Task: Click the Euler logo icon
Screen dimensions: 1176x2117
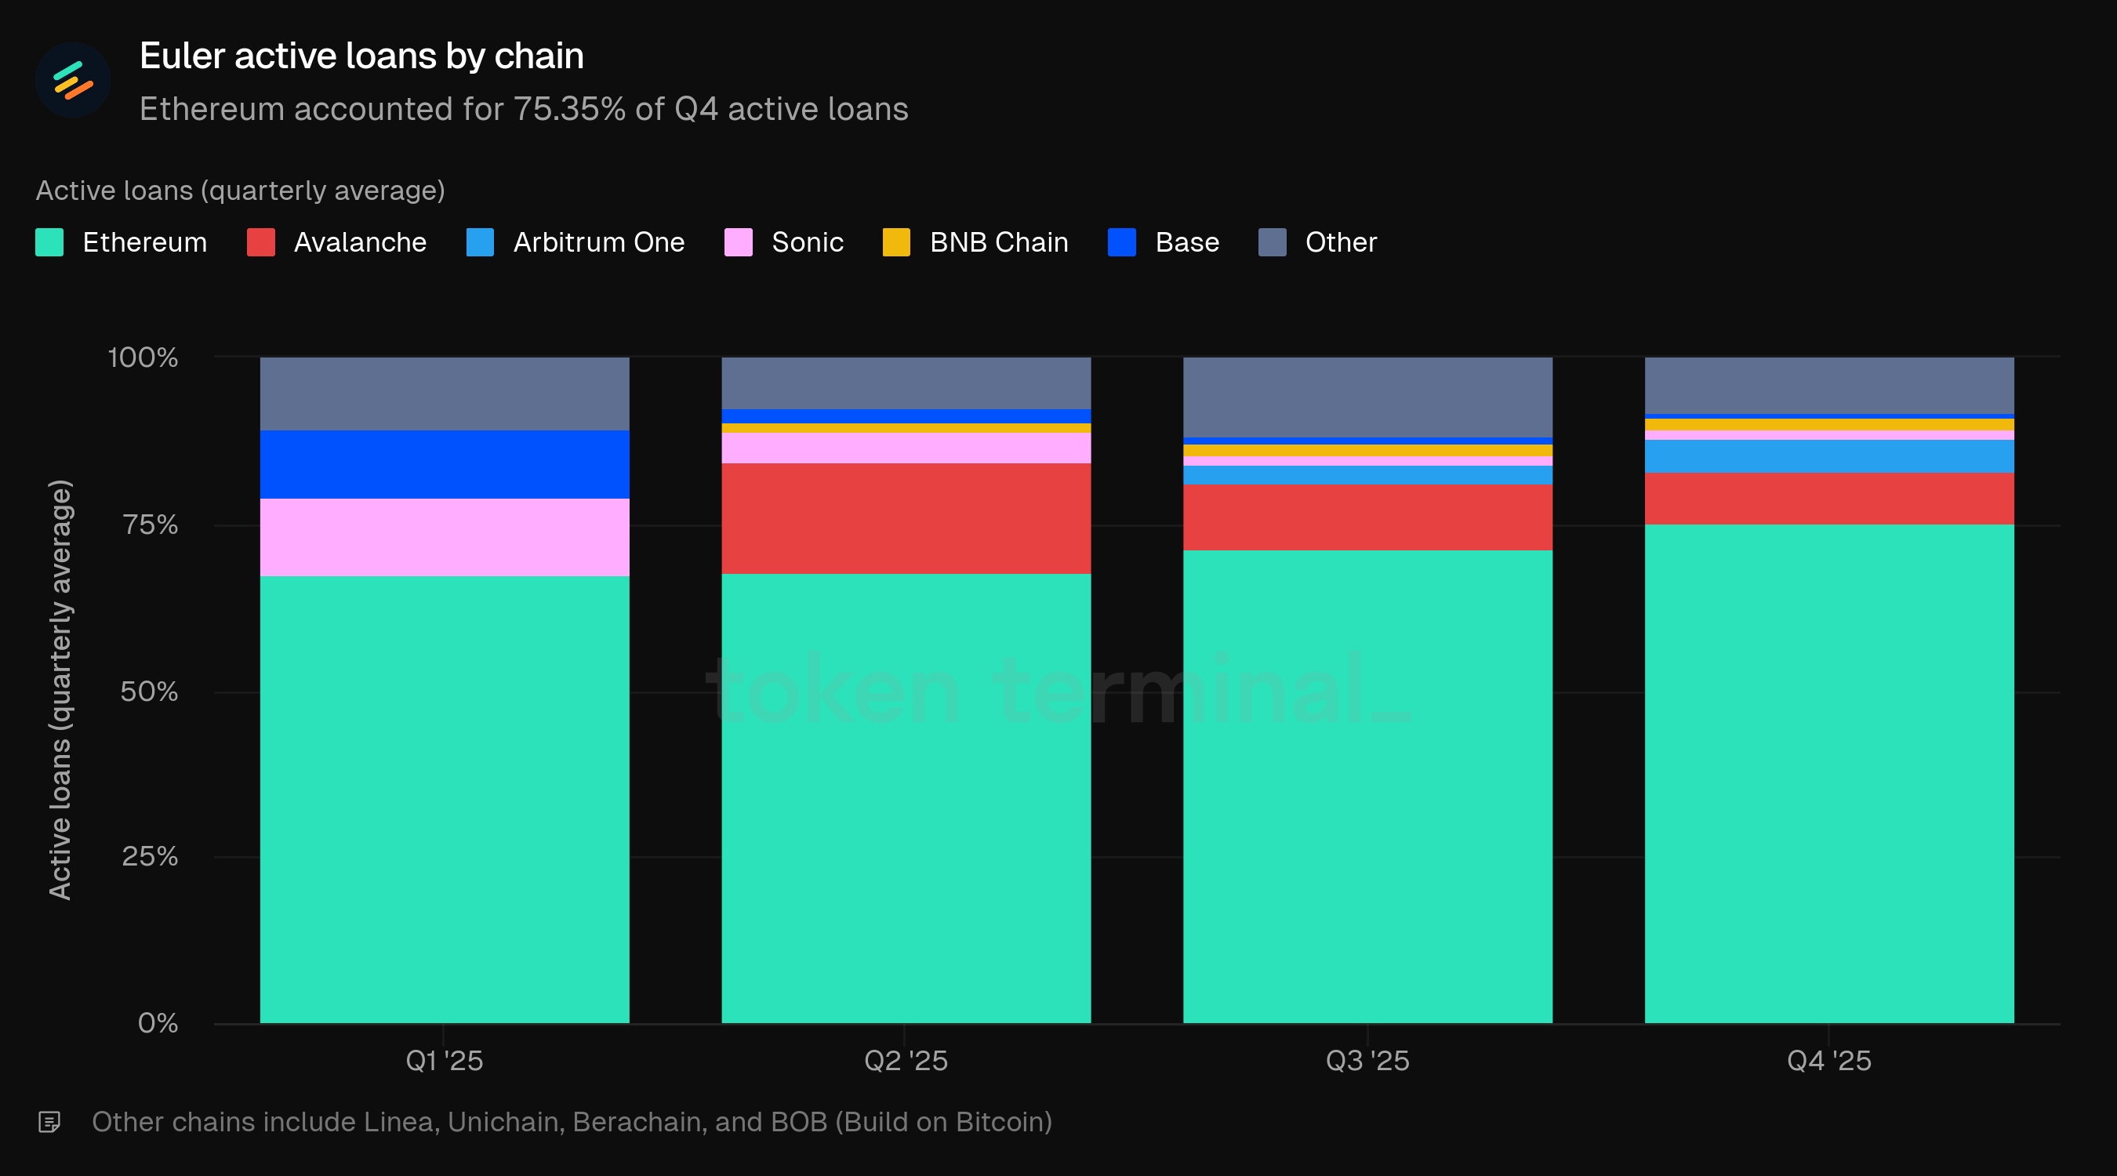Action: pos(72,80)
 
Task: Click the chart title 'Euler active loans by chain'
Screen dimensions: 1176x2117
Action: pos(361,56)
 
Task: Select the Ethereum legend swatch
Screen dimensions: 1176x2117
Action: pos(49,242)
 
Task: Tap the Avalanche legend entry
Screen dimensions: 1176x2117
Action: pos(337,242)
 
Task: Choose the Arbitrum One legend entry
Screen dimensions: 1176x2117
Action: pos(576,242)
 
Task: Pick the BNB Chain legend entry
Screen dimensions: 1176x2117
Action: pos(975,242)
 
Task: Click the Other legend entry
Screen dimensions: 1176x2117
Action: pos(1317,242)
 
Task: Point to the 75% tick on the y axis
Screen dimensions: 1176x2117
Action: pos(151,524)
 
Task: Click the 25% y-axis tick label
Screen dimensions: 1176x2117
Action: pos(151,856)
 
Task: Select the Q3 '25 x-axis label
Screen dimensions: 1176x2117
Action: pos(1367,1060)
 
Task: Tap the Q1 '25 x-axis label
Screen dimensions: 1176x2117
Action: pos(445,1060)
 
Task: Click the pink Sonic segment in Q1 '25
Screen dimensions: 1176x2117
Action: pos(445,538)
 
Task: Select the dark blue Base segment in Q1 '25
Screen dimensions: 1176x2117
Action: pos(445,464)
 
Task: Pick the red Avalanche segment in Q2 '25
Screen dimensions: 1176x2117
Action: pos(906,517)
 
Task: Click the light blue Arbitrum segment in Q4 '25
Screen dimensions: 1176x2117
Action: pos(1829,456)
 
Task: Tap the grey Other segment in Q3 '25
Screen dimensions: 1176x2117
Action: pos(1367,397)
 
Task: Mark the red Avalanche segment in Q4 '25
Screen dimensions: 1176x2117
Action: pos(1829,499)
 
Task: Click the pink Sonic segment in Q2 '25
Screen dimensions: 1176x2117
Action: pos(906,448)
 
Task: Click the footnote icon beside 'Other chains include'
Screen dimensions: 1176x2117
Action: pos(49,1122)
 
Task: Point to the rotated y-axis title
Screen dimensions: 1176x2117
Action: pos(60,691)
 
